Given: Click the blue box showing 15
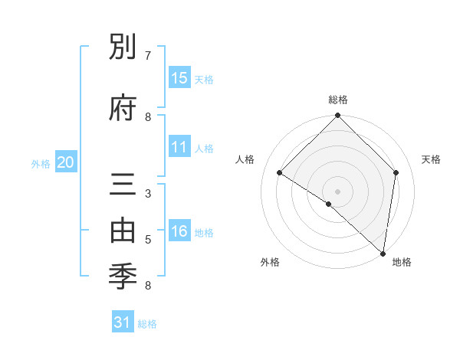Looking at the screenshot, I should tap(179, 78).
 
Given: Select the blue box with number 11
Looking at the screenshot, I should tap(179, 147).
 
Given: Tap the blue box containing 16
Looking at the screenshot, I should tap(179, 231).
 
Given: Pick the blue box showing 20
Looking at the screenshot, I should tap(66, 162).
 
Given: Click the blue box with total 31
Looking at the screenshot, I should tap(123, 322).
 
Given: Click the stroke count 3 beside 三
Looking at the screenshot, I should tap(148, 193).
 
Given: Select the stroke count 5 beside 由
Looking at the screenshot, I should tap(148, 239).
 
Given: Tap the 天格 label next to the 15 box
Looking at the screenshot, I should tap(204, 79).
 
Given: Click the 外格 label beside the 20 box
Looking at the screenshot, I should tap(41, 163).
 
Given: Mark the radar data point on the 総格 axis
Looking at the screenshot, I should tap(337, 116).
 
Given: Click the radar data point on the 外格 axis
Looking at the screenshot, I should tap(329, 204).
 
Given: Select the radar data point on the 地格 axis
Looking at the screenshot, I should tap(383, 254).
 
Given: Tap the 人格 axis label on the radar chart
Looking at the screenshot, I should tap(245, 159).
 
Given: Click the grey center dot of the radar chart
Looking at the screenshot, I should tap(337, 191).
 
